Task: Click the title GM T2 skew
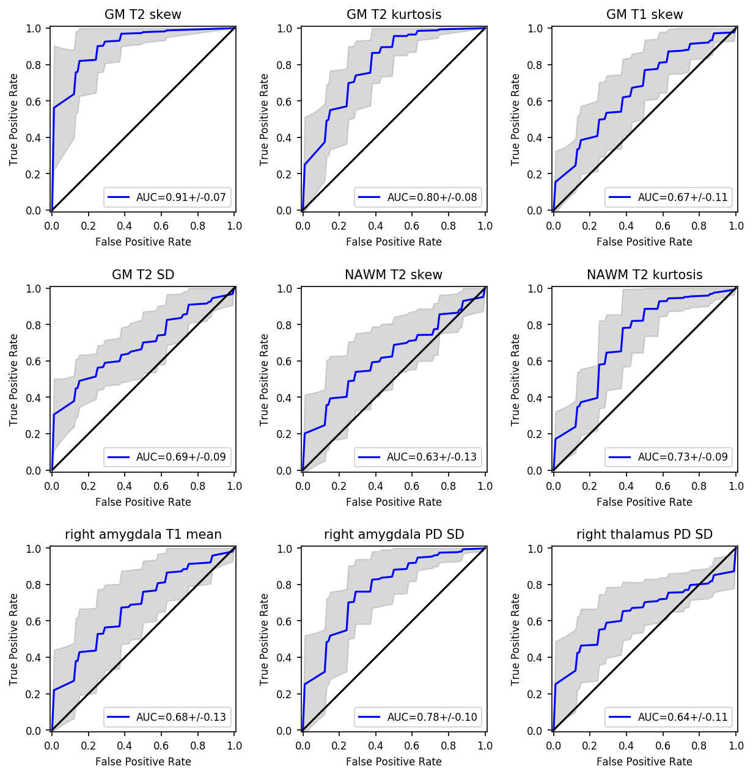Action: click(143, 15)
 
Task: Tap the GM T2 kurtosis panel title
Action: click(394, 15)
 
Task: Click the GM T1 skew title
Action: click(644, 15)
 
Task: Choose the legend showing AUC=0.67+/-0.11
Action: click(683, 197)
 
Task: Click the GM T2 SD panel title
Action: click(143, 275)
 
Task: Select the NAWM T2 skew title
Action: click(394, 275)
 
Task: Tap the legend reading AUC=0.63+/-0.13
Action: click(432, 457)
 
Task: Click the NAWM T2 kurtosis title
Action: click(644, 275)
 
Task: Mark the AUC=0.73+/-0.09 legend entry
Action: click(683, 457)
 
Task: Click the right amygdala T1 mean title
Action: click(143, 534)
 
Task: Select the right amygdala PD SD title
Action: click(394, 534)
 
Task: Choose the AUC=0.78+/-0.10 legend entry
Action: click(432, 717)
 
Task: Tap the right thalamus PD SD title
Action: click(644, 534)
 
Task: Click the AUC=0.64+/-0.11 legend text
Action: click(683, 717)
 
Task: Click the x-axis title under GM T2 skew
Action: click(143, 242)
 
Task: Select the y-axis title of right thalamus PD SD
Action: click(515, 639)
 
